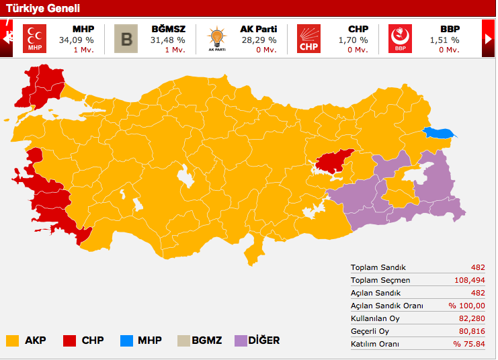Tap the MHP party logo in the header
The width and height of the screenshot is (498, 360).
tap(34, 39)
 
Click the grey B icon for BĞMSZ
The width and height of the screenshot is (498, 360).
tap(126, 39)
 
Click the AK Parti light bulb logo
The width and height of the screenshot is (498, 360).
tap(216, 39)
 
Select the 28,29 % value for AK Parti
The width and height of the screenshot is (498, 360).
tap(258, 40)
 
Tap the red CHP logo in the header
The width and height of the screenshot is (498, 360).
tap(308, 39)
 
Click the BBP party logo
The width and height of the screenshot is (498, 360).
tap(400, 39)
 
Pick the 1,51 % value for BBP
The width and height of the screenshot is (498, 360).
tap(444, 40)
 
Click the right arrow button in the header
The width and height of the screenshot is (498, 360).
tap(489, 39)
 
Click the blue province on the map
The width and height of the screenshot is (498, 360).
tap(439, 133)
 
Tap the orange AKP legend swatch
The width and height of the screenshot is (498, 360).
tap(12, 341)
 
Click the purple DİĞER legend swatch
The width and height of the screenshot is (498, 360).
tap(241, 341)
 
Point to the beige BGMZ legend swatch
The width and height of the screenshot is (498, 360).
tap(181, 341)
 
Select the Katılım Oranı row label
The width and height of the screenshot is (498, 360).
tap(375, 344)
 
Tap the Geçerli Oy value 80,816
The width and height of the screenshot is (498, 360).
tap(472, 331)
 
